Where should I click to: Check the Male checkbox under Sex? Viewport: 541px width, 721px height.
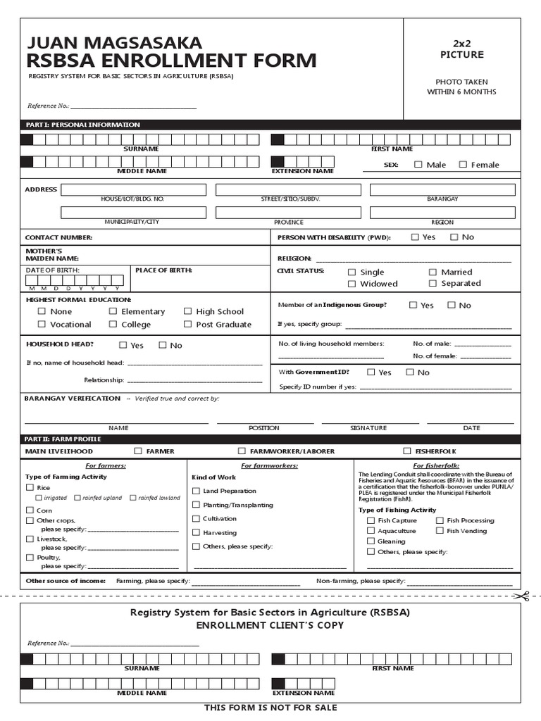pyautogui.click(x=418, y=165)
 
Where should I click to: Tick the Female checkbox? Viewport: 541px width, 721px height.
pyautogui.click(x=463, y=165)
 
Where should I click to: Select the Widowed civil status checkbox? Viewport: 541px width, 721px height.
pyautogui.click(x=352, y=284)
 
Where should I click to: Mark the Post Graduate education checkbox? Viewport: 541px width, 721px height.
pyautogui.click(x=188, y=324)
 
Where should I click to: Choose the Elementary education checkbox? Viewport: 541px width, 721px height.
pyautogui.click(x=113, y=311)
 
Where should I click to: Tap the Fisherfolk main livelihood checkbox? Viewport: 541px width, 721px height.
pyautogui.click(x=407, y=451)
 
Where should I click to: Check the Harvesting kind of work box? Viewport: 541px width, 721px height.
pyautogui.click(x=197, y=532)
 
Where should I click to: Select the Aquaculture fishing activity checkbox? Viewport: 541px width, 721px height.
pyautogui.click(x=371, y=531)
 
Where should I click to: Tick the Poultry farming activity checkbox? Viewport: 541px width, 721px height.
pyautogui.click(x=30, y=557)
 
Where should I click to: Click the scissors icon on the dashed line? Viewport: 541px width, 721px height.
pyautogui.click(x=521, y=596)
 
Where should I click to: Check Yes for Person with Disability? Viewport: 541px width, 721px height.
pyautogui.click(x=415, y=237)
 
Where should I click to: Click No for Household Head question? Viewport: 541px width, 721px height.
pyautogui.click(x=163, y=345)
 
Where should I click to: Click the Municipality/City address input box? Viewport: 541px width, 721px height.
pyautogui.click(x=132, y=212)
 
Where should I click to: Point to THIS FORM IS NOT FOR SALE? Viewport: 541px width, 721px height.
pyautogui.click(x=270, y=708)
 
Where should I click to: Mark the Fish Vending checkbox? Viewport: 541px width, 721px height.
pyautogui.click(x=440, y=531)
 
